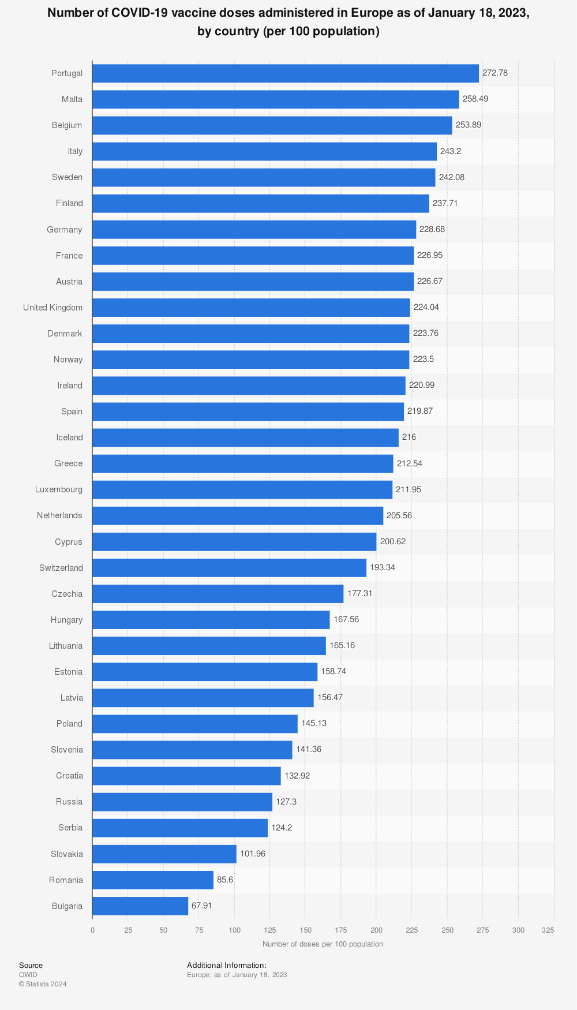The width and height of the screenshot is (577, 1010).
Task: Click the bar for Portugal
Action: tap(285, 73)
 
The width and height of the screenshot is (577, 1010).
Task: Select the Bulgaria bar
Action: tap(140, 906)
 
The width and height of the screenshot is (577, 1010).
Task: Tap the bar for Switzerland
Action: tap(229, 567)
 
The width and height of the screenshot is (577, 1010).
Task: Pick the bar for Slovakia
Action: tap(164, 854)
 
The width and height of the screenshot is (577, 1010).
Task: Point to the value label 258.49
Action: tap(475, 99)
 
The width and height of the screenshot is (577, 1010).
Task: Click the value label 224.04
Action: tap(426, 307)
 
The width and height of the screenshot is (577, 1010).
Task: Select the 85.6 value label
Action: tap(225, 880)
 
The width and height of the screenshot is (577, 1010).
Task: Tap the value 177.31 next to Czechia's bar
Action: tap(360, 593)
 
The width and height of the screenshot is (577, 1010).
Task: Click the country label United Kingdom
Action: tap(53, 308)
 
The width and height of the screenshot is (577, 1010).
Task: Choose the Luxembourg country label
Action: tap(59, 489)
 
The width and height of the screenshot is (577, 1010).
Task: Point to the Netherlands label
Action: tap(59, 515)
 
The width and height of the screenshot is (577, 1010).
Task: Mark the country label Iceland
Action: tap(69, 437)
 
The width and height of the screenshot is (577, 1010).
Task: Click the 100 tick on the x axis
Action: tap(234, 930)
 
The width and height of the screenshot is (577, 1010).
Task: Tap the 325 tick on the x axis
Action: tap(548, 930)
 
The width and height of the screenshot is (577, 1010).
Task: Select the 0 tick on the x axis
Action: tap(92, 930)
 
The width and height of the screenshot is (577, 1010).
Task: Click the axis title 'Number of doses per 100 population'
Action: tap(323, 944)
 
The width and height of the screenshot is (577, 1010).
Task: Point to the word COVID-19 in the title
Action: tap(140, 13)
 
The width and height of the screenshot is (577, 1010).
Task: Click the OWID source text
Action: tap(28, 975)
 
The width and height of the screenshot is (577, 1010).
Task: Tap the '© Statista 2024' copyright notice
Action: tap(43, 984)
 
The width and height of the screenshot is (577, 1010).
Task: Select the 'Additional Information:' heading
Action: tap(227, 965)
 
